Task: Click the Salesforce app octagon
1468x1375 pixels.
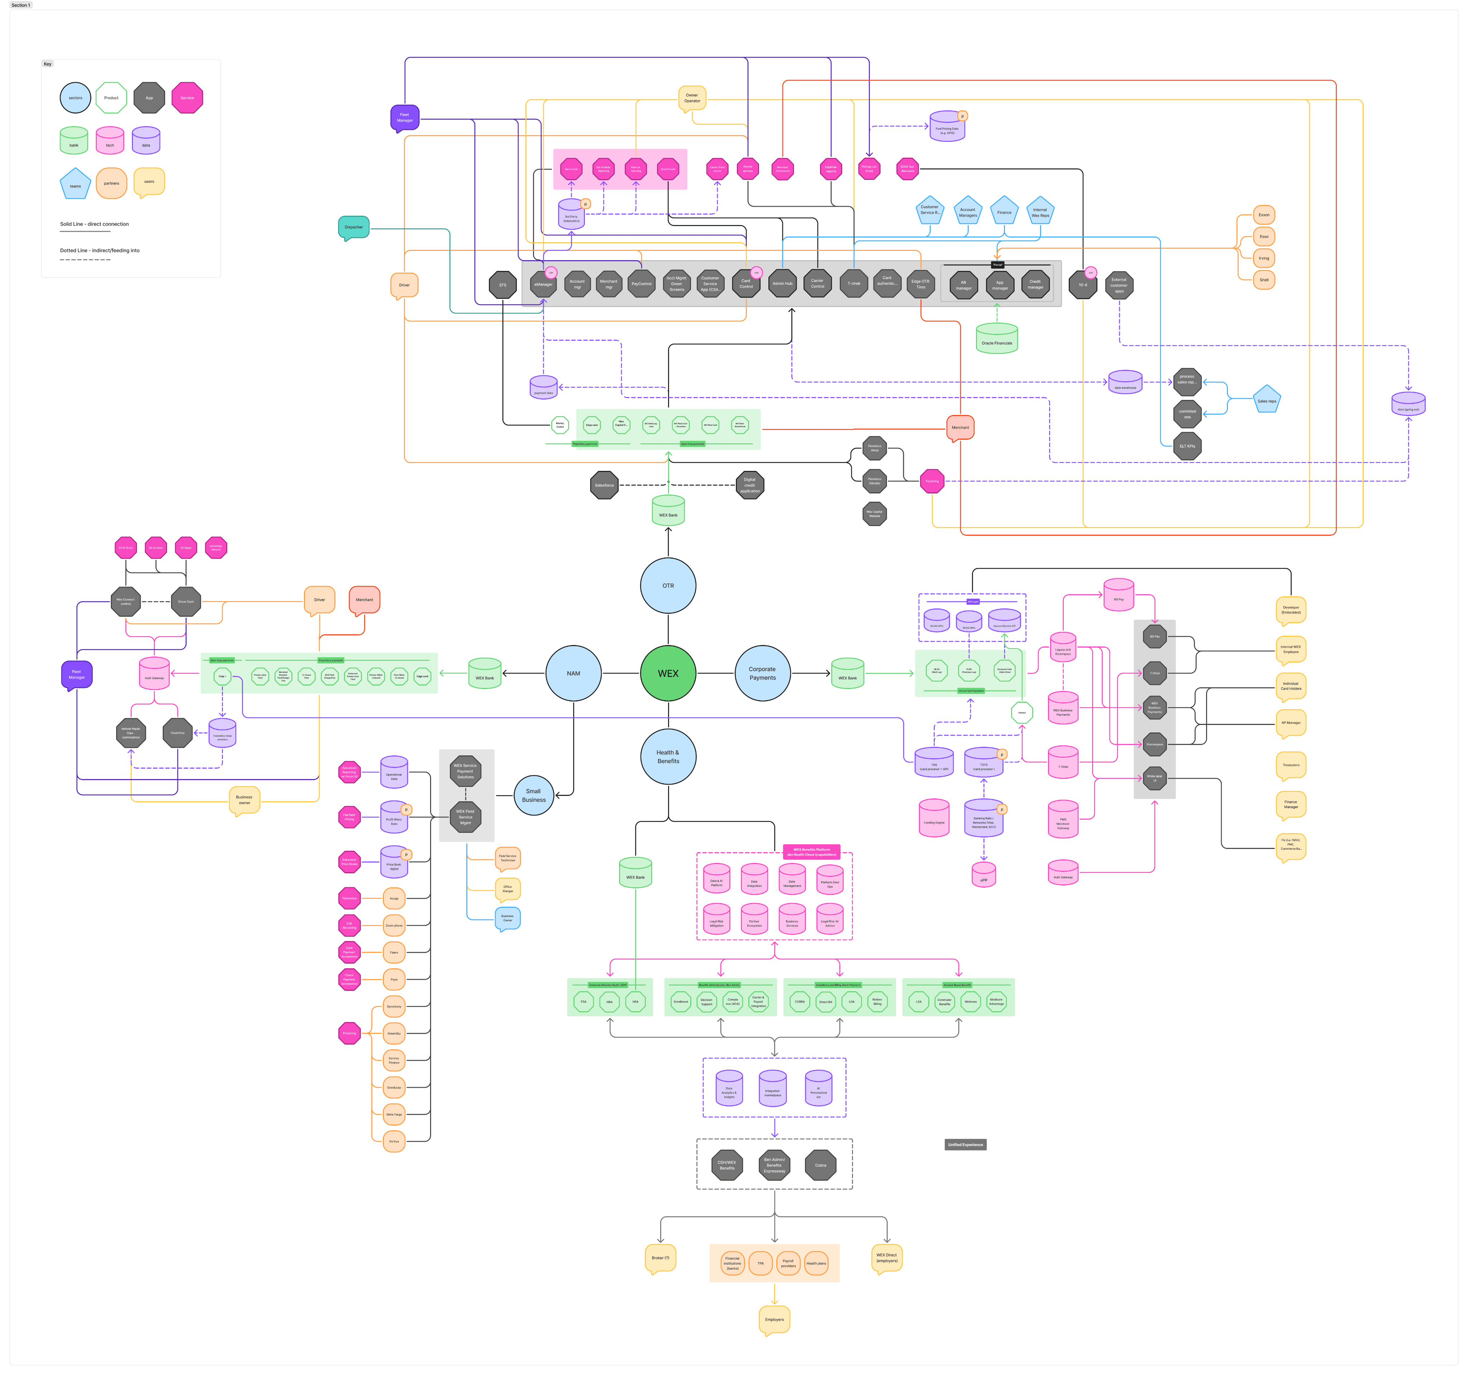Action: tap(604, 485)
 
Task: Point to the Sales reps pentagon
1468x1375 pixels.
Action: tap(1267, 400)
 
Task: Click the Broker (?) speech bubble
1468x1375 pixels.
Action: tap(660, 1257)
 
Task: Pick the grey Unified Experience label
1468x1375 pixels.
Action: tap(965, 1145)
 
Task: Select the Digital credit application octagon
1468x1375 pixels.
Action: tap(749, 485)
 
